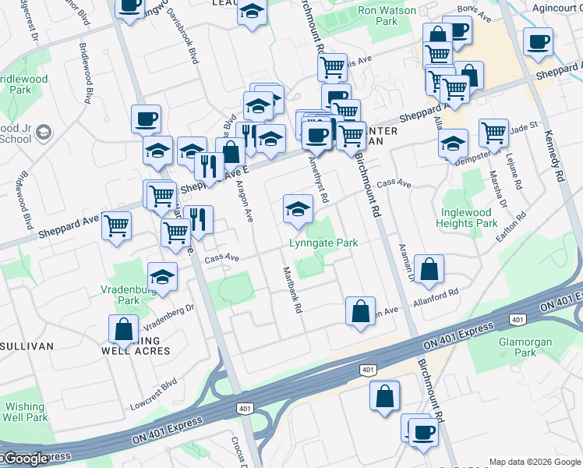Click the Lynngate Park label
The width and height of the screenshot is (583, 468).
(323, 243)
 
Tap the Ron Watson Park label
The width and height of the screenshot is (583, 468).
(377, 16)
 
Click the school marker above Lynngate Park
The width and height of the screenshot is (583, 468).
(296, 208)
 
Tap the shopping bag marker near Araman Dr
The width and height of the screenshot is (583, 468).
(429, 270)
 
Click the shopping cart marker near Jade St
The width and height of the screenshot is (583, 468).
(494, 133)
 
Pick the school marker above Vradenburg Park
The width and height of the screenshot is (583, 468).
(162, 276)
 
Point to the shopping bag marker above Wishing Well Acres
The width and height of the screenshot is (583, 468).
(124, 328)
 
